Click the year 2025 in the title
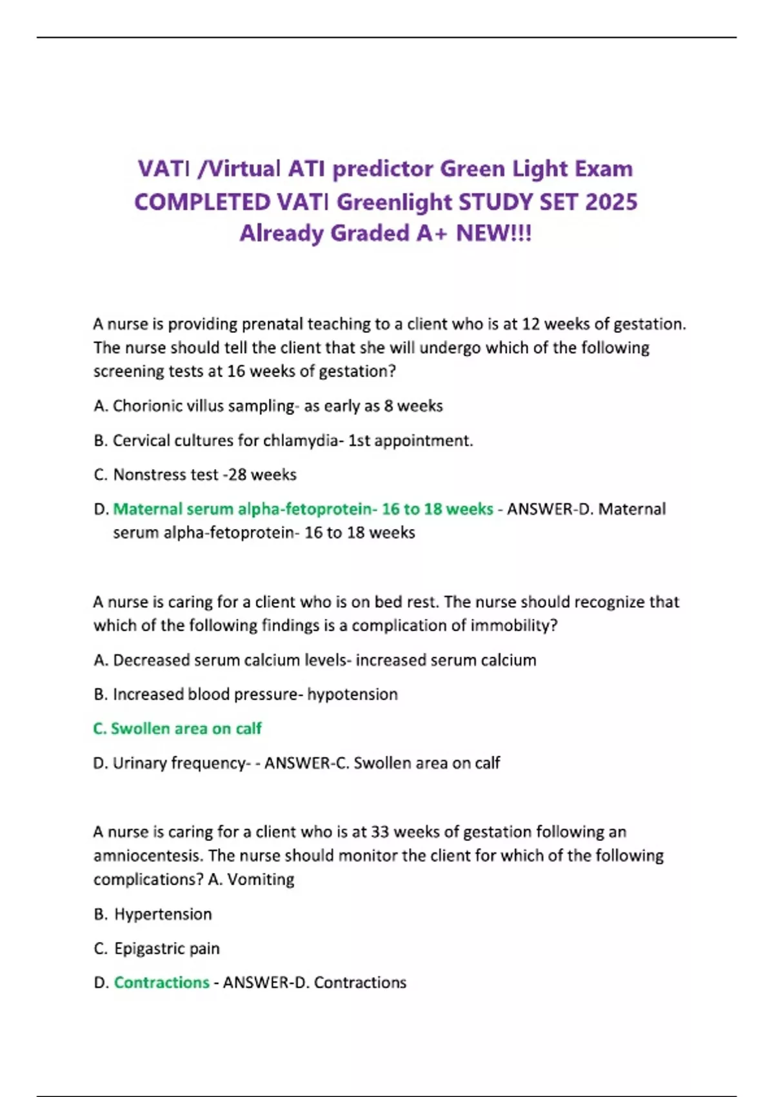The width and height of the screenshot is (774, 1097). (x=611, y=202)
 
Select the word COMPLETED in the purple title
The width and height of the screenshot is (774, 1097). (x=202, y=202)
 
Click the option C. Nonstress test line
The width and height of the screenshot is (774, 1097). (x=195, y=475)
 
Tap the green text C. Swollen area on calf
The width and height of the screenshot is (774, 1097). (x=177, y=729)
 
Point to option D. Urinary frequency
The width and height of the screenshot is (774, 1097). (x=171, y=763)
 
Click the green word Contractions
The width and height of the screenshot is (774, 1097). (x=161, y=983)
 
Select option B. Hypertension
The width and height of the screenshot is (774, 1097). (x=153, y=914)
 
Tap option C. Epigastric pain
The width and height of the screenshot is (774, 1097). (x=157, y=949)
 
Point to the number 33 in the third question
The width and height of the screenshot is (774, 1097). (x=380, y=832)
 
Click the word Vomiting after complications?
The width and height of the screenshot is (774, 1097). (x=261, y=880)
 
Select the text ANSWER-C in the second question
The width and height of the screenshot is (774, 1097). (x=306, y=763)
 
